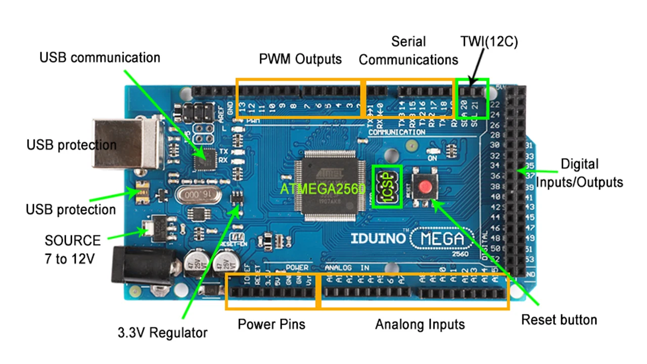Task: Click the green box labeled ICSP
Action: click(387, 187)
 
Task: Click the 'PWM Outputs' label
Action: click(300, 59)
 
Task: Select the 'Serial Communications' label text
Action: click(408, 51)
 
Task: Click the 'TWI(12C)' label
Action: click(489, 42)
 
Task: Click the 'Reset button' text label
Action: click(559, 320)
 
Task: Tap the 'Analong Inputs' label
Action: click(420, 324)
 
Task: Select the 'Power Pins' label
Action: click(271, 324)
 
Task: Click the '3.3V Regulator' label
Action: click(162, 333)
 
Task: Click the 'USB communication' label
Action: click(100, 58)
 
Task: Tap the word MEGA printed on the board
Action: click(442, 238)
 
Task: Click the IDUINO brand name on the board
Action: click(379, 238)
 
